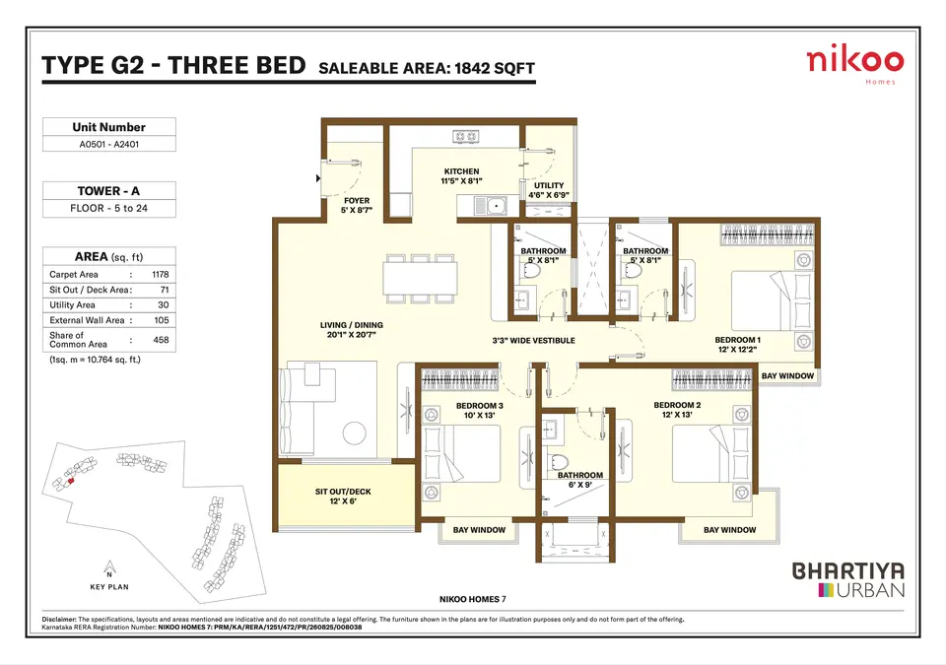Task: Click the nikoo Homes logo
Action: point(855,65)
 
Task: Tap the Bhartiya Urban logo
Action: point(848,580)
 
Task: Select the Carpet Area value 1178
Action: point(161,274)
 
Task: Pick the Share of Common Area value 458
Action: point(161,340)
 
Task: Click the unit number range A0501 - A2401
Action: point(109,144)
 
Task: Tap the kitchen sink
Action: point(491,206)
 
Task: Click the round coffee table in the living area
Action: point(354,432)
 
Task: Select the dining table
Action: point(420,278)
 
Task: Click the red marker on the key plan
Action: point(71,481)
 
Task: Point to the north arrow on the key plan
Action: point(109,567)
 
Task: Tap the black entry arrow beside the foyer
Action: point(318,178)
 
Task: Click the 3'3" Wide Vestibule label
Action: point(533,340)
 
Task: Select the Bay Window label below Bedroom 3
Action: point(479,530)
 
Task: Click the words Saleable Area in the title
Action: point(383,68)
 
